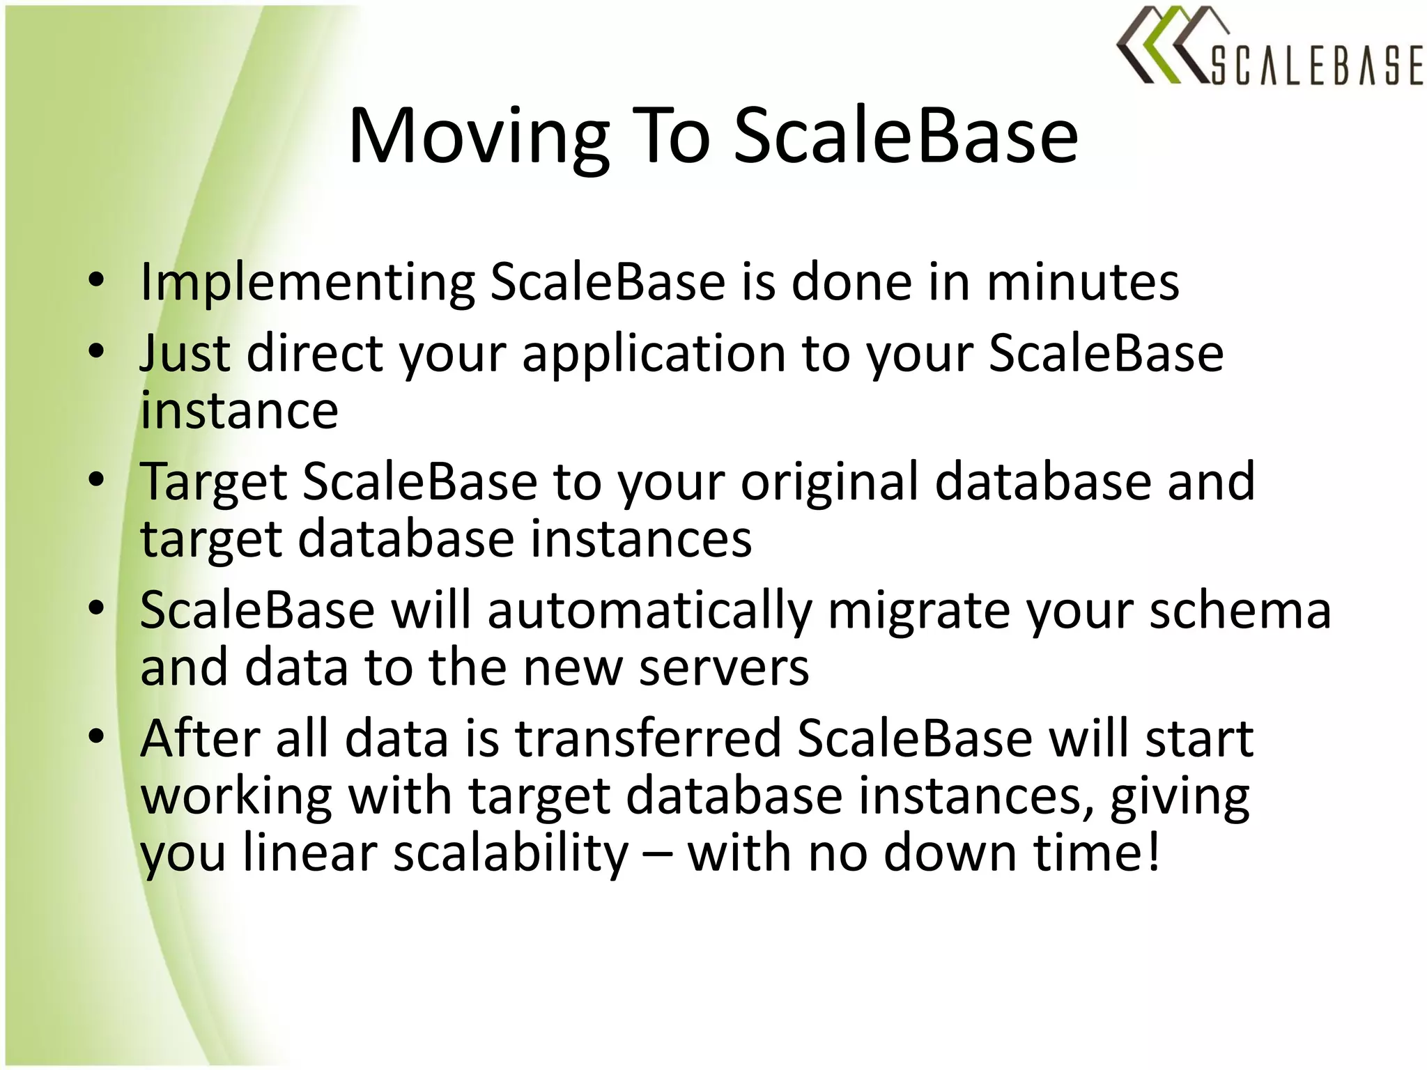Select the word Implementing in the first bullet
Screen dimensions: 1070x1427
(307, 283)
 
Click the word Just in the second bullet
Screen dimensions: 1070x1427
(185, 353)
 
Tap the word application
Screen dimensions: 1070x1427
(653, 355)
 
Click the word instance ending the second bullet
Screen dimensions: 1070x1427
(239, 411)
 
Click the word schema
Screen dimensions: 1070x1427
(1240, 610)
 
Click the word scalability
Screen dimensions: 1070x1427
(511, 854)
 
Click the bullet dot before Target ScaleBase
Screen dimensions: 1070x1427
(96, 479)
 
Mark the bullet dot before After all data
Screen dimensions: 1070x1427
(96, 736)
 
